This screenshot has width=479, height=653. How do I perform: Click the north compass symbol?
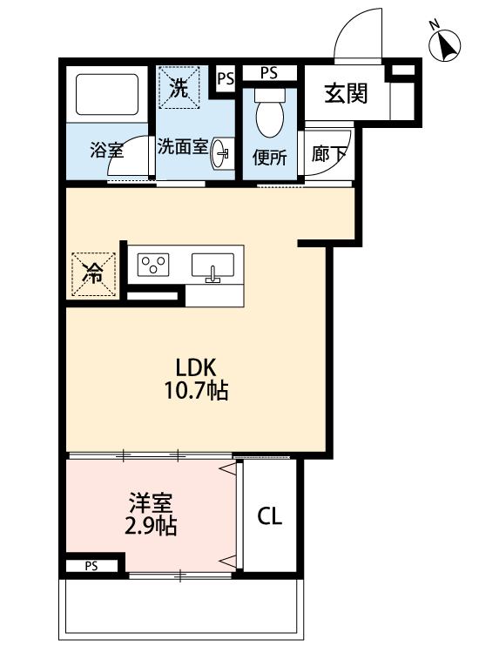tap(446, 44)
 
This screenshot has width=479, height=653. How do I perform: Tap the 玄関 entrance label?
tap(346, 93)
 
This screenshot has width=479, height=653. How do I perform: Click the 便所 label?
tap(269, 158)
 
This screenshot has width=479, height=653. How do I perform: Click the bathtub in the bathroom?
tap(108, 93)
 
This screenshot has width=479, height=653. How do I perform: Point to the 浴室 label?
tap(107, 150)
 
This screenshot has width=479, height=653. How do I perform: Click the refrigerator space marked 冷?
tap(92, 273)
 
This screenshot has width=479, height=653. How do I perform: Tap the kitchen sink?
tap(213, 266)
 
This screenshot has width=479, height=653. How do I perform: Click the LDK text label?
tap(197, 367)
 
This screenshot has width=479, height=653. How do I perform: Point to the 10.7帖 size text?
tap(197, 391)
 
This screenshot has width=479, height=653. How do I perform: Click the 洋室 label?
tap(151, 503)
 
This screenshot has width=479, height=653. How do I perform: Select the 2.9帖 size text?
tap(150, 526)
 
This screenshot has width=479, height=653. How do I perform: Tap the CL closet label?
tap(270, 517)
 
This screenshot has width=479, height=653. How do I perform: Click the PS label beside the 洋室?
tap(91, 566)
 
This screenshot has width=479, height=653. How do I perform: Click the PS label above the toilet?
tap(268, 73)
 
